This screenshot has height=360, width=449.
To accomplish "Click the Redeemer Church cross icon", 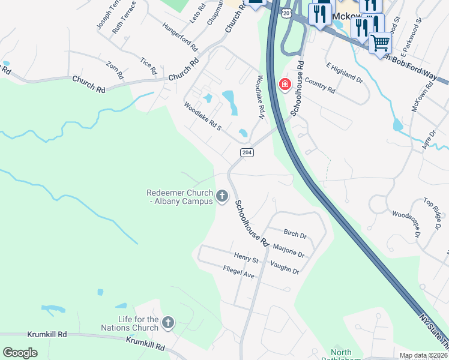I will [222, 196].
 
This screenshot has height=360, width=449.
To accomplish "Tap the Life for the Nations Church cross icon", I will [168, 323].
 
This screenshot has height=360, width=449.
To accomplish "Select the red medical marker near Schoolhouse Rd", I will [285, 85].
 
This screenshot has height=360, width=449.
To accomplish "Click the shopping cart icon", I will [380, 43].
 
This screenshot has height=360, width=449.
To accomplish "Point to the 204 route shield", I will [247, 152].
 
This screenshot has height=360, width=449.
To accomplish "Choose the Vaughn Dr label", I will [285, 268].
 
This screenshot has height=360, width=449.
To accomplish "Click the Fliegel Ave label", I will [238, 272].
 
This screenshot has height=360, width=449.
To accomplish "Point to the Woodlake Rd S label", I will [203, 116].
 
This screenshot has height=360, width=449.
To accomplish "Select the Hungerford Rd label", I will [180, 37].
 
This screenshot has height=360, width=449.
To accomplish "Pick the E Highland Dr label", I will [344, 71].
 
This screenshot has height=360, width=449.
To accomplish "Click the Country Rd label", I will [319, 85].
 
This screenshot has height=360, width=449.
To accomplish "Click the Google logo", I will [20, 352].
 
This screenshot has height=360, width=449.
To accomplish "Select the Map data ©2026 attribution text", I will [424, 356].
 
